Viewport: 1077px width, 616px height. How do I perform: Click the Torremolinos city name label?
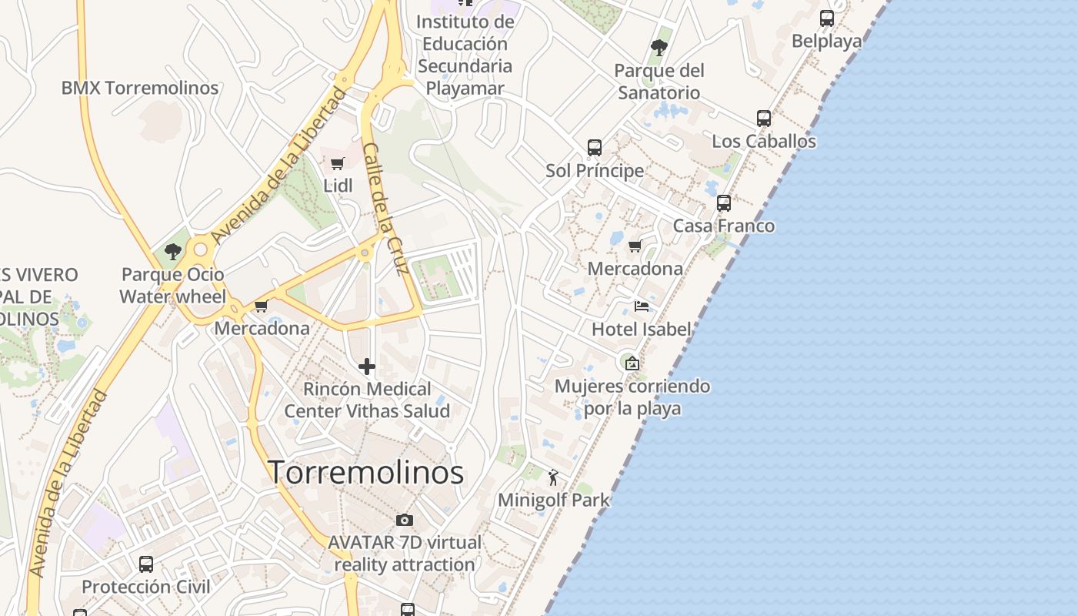366,472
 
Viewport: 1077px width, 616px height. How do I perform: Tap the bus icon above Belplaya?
827,18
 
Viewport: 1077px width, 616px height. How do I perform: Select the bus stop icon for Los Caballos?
763,119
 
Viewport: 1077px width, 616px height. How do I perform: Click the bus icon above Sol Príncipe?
595,148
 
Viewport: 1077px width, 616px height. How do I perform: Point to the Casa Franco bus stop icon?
724,203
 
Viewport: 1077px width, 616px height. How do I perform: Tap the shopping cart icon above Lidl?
337,163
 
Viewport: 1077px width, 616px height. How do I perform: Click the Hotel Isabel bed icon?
641,306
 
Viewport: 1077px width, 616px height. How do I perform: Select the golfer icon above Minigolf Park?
553,477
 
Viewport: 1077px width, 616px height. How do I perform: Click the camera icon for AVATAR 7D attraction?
405,520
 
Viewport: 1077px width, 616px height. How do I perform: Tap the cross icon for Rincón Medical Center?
367,367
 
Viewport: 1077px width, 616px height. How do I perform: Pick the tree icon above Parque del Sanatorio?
659,48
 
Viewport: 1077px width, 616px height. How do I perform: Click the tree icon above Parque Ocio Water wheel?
173,251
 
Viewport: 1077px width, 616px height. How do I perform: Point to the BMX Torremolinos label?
140,88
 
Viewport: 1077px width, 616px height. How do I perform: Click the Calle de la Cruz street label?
384,209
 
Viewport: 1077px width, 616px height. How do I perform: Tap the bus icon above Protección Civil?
146,564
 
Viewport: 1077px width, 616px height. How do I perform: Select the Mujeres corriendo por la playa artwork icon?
632,363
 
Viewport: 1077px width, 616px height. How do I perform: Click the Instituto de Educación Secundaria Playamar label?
465,55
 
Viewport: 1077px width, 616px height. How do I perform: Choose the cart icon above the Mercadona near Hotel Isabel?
635,246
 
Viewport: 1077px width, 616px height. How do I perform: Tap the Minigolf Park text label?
553,500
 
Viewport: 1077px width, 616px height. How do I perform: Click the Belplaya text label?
827,41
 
